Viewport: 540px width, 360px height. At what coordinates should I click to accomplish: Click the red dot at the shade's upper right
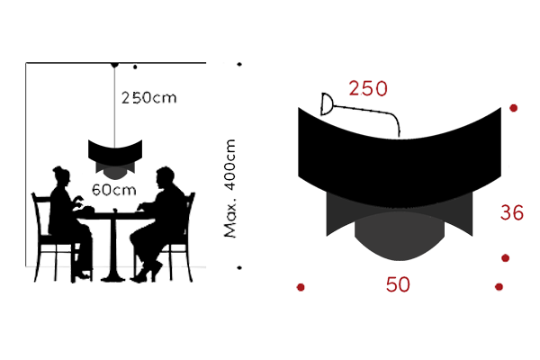pos(514,109)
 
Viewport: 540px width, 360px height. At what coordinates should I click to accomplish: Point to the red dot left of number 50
pos(301,287)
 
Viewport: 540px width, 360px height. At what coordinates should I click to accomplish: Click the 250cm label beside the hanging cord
pos(149,98)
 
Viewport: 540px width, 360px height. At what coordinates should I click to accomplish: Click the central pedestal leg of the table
pos(113,243)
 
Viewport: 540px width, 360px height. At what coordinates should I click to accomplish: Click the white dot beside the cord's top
pos(135,66)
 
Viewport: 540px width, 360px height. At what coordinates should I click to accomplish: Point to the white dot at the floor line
pos(238,268)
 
